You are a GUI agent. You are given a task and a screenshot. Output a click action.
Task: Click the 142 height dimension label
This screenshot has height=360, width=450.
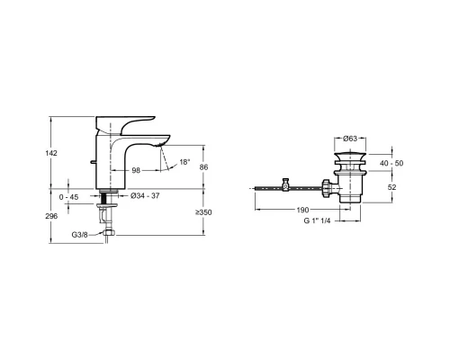[x=51, y=153]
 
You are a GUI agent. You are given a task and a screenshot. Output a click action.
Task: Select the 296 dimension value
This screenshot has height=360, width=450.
[x=51, y=216]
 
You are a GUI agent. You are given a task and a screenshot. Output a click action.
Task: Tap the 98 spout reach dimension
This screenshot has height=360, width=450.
[x=136, y=170]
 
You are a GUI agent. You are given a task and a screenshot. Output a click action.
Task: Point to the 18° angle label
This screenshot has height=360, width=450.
[x=184, y=162]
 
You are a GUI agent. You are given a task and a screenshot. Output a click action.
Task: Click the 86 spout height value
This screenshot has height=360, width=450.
[x=203, y=167]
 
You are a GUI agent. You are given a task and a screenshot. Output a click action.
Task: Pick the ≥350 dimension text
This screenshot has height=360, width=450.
[x=203, y=212]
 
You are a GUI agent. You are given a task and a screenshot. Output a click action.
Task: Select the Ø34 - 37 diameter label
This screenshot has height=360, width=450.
[x=145, y=196]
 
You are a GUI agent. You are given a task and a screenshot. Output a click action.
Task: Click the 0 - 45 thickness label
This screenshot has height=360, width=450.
[x=68, y=197]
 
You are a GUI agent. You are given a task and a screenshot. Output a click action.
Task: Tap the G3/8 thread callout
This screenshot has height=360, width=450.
[x=79, y=235]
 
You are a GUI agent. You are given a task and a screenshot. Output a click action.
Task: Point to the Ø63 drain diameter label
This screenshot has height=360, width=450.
[x=350, y=139]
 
